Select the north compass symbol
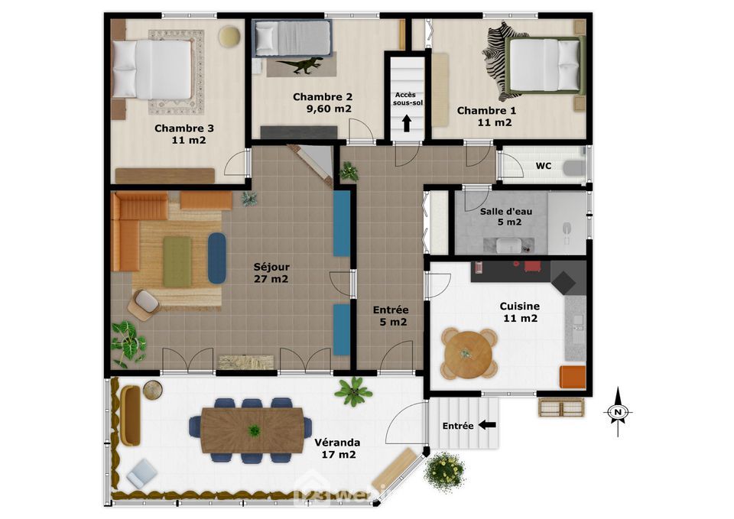(618, 412)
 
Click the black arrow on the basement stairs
(406, 123)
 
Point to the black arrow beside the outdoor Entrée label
(488, 425)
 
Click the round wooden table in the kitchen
(469, 354)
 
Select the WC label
(543, 166)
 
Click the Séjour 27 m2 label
(271, 273)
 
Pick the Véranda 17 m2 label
(337, 449)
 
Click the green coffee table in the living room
(177, 261)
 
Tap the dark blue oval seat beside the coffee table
(216, 258)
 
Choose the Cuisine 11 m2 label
(520, 312)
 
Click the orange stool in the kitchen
(573, 377)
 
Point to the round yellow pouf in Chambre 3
(229, 37)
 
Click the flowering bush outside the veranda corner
(445, 470)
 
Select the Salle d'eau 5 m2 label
(506, 216)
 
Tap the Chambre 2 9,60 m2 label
(323, 103)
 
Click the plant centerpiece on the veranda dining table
(254, 430)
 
